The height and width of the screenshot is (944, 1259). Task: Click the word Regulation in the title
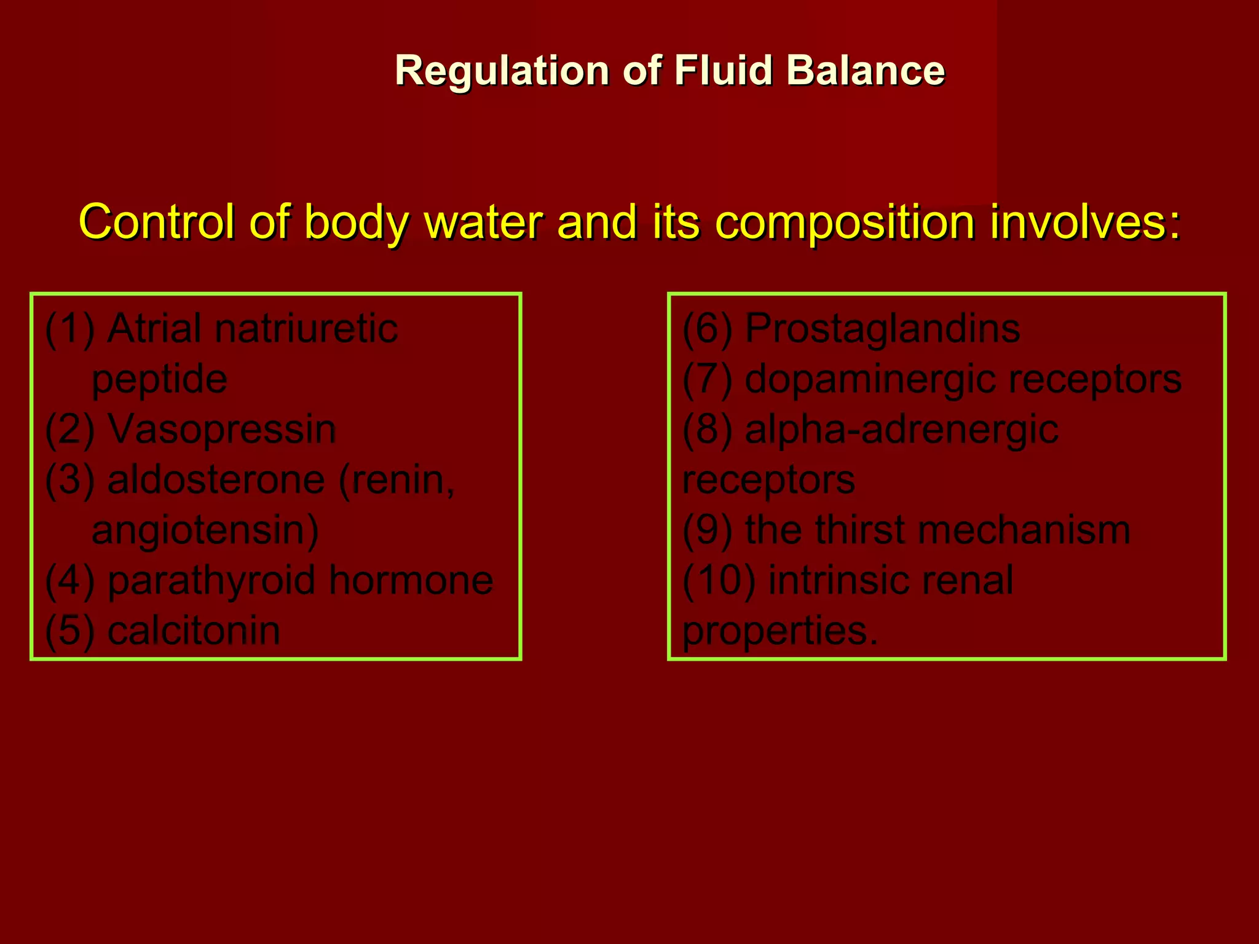click(502, 71)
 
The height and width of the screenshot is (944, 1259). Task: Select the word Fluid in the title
click(723, 71)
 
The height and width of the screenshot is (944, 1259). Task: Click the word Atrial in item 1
click(154, 328)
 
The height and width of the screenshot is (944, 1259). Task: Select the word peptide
click(159, 380)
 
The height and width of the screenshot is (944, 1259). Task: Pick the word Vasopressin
click(222, 429)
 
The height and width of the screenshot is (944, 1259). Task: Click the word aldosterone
click(216, 479)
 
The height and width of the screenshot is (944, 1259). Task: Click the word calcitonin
click(194, 631)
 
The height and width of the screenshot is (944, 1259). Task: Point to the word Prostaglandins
click(883, 328)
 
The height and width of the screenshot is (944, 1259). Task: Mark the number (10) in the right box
click(719, 580)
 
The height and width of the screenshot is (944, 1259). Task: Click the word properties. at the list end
click(780, 631)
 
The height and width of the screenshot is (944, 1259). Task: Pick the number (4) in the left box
click(70, 580)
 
